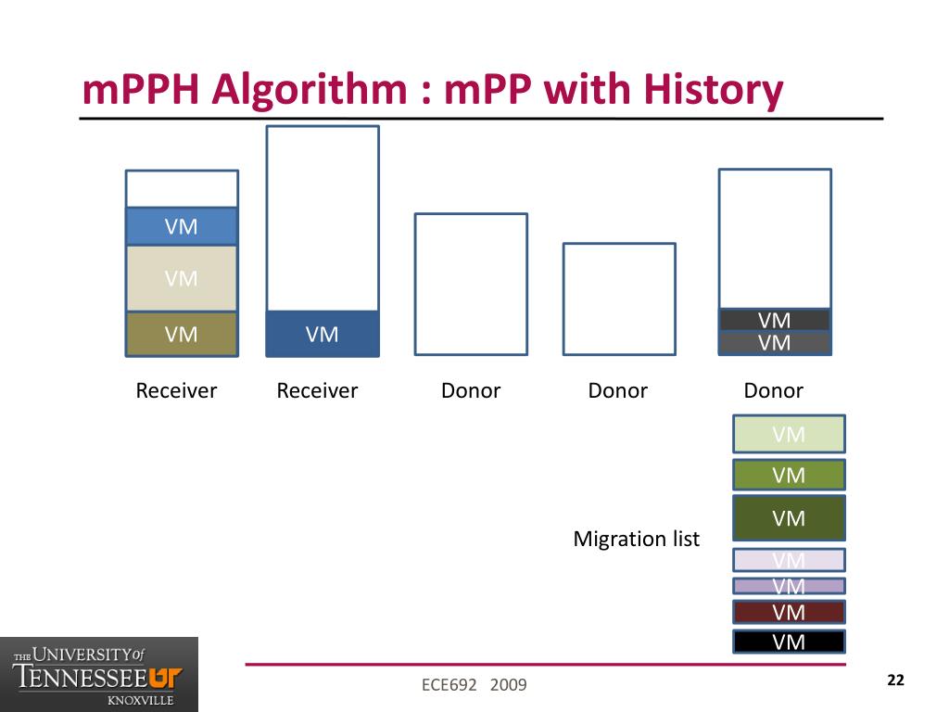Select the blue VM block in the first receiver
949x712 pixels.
point(182,226)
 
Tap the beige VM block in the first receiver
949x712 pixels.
point(182,278)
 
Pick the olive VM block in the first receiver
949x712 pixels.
point(182,334)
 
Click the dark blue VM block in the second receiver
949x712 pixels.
point(323,334)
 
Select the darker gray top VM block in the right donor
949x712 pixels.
point(775,320)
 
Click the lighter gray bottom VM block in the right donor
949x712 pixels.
point(775,343)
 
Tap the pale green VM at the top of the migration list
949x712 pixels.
point(789,434)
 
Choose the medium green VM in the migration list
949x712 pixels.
point(789,475)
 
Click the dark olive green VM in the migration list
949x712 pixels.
point(789,518)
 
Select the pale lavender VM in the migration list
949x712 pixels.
point(789,560)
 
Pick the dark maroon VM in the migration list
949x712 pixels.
point(789,612)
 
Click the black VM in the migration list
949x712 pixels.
point(789,642)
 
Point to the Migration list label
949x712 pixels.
point(637,539)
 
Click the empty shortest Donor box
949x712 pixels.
point(620,299)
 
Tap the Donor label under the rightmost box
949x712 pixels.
point(774,390)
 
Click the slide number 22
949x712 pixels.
point(895,680)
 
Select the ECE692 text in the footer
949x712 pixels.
point(449,685)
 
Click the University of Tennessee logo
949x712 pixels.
point(99,674)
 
